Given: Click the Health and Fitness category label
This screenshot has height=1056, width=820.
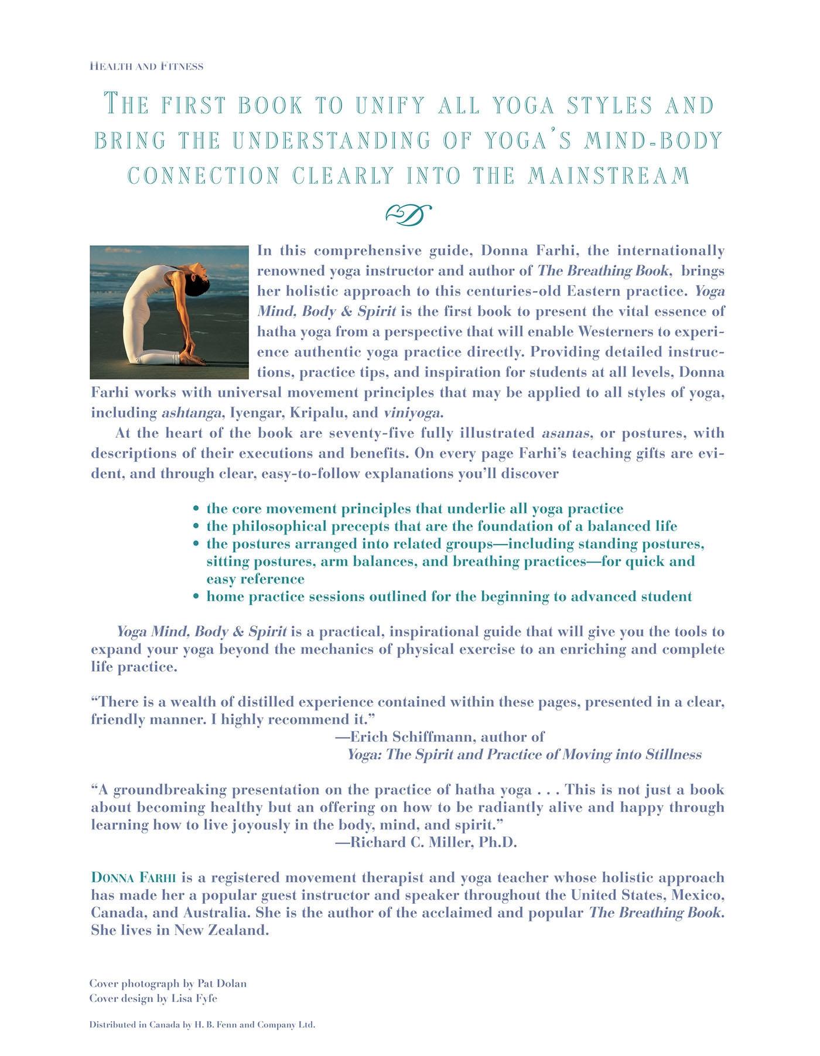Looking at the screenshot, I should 146,67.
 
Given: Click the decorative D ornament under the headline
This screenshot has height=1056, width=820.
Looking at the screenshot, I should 408,215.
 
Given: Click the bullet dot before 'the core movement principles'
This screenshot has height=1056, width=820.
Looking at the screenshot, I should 197,509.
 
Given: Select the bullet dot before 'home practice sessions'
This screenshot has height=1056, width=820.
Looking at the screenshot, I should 197,597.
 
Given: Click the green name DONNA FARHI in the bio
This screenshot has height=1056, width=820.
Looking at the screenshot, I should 134,878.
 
